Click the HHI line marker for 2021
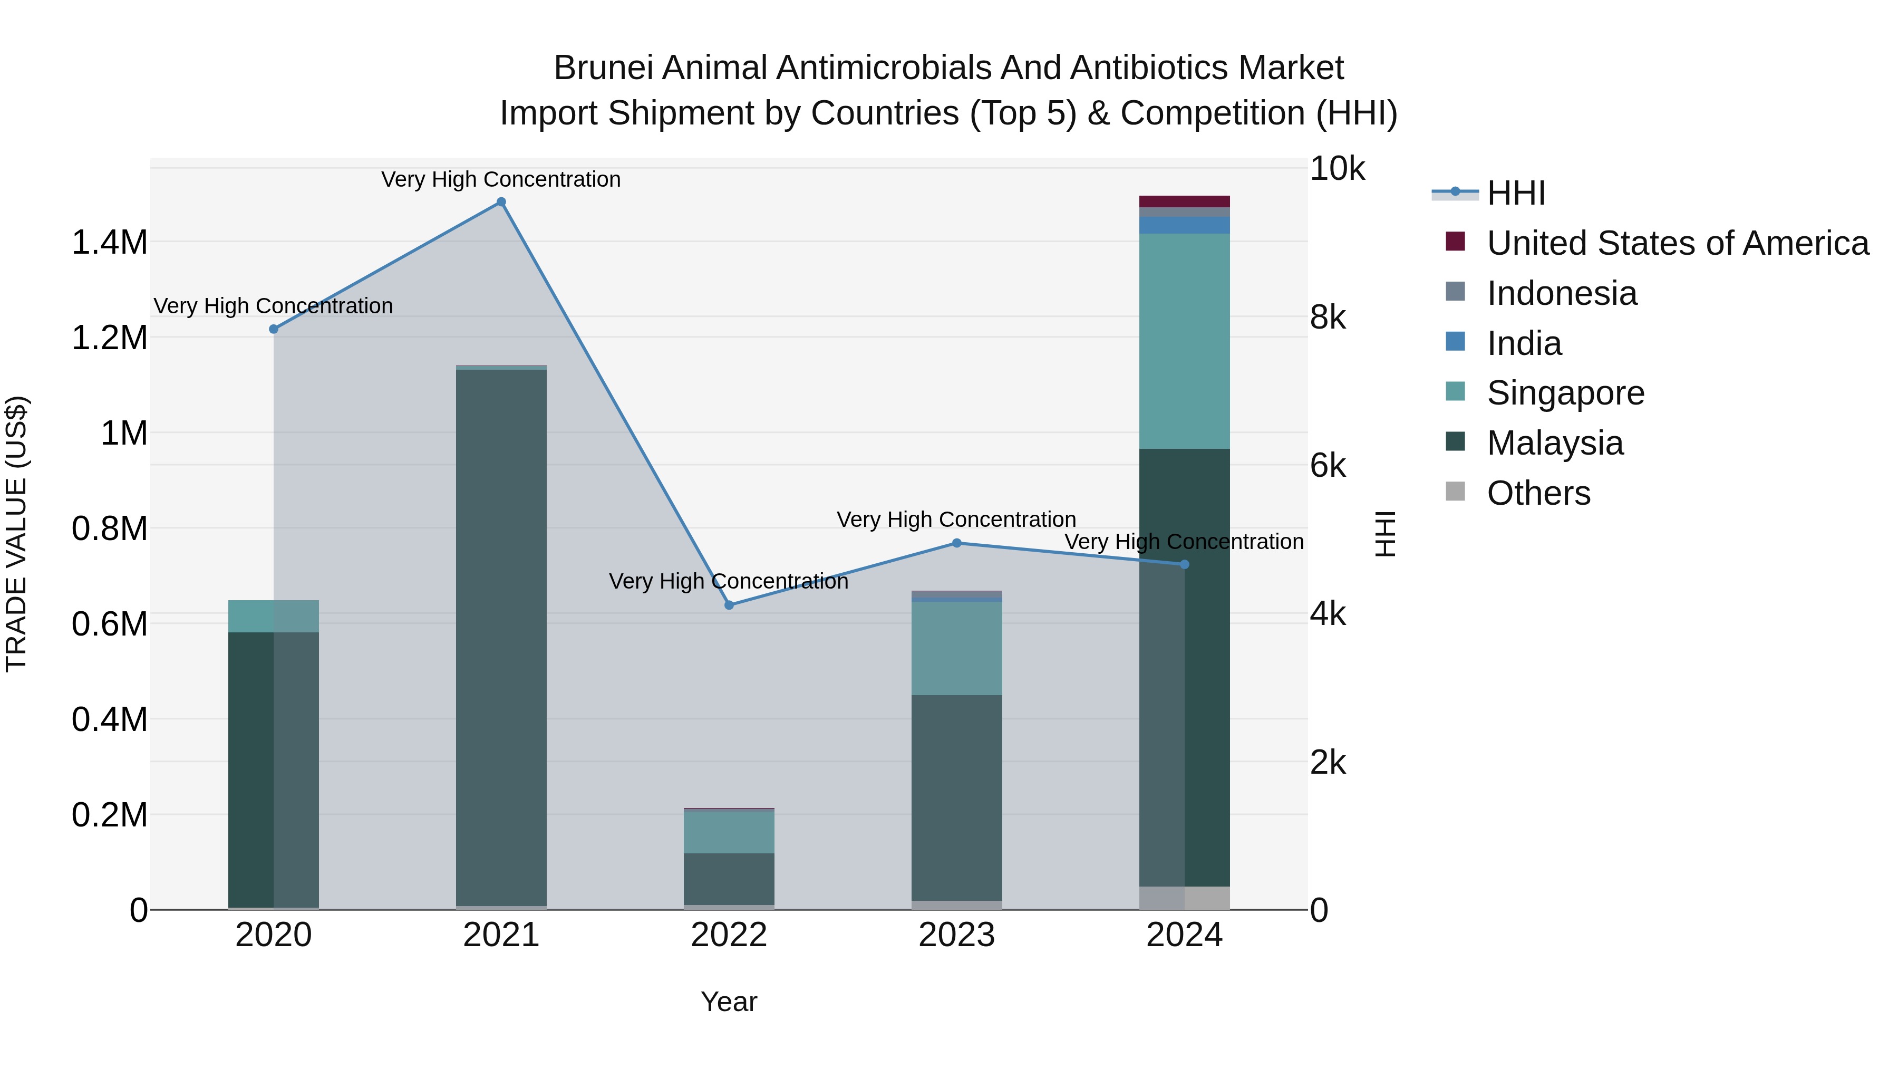(x=501, y=202)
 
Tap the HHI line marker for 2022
(x=729, y=605)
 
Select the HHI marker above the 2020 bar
(x=273, y=329)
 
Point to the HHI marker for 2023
(x=956, y=543)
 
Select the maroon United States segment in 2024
(x=1184, y=201)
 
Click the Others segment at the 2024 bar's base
(x=1184, y=898)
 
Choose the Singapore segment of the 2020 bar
(x=273, y=616)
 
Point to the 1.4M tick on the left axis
(x=109, y=243)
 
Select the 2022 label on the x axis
(x=729, y=935)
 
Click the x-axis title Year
(x=729, y=1002)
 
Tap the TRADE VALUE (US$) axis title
(x=16, y=534)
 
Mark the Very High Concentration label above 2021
(x=501, y=179)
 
